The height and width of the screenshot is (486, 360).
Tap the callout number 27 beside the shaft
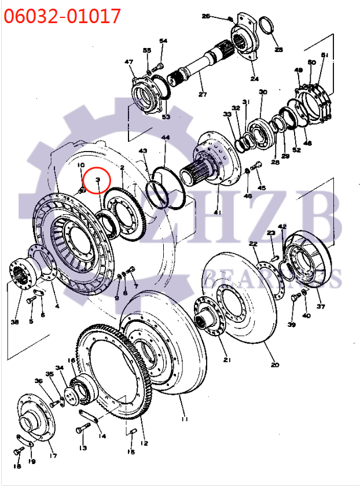(x=202, y=94)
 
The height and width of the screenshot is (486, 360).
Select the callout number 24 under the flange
(x=254, y=79)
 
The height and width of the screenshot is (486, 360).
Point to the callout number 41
(x=217, y=212)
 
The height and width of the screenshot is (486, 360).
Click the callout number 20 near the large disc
(x=274, y=365)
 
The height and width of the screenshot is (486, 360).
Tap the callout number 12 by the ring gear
(x=144, y=443)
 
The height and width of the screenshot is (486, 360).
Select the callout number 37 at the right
(x=320, y=307)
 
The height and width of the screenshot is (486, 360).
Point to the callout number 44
(x=166, y=138)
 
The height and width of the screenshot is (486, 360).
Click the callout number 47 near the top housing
(x=128, y=62)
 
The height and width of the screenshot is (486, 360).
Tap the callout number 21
(x=227, y=360)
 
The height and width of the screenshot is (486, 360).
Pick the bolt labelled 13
(x=83, y=429)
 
